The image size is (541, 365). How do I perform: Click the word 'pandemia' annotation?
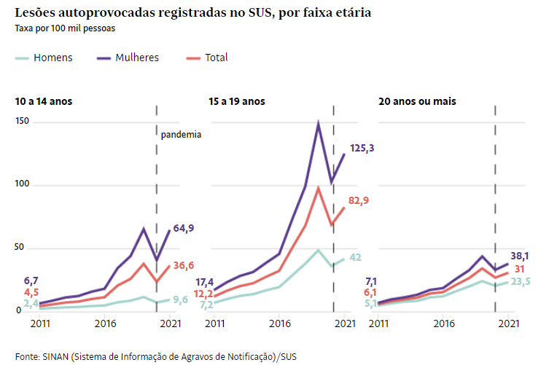(181, 134)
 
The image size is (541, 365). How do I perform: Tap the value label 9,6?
(181, 299)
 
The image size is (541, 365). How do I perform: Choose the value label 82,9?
(359, 200)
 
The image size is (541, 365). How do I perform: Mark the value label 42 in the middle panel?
(355, 257)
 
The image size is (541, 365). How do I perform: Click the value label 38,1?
(519, 256)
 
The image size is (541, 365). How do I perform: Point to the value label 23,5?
(519, 281)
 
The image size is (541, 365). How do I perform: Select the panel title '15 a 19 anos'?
(236, 101)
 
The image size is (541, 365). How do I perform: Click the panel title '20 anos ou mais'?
(417, 101)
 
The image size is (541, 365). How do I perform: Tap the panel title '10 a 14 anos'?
(43, 101)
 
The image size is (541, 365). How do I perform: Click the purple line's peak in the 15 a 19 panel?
(319, 124)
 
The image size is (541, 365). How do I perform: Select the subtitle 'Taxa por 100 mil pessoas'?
(65, 28)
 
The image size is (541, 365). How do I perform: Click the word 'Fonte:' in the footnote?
(27, 356)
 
